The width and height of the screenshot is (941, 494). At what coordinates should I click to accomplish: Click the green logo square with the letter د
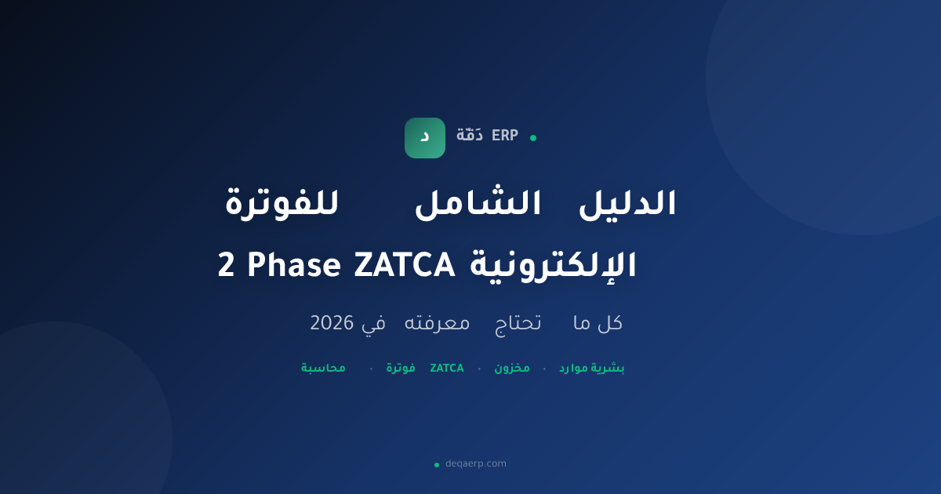click(x=425, y=138)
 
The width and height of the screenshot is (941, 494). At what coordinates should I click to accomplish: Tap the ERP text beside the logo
click(x=505, y=136)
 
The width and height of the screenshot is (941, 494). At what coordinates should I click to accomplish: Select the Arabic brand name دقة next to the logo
click(x=469, y=135)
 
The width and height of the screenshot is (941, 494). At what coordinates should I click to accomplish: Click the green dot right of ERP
click(x=533, y=138)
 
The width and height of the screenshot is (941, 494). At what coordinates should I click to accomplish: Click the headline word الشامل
click(x=478, y=202)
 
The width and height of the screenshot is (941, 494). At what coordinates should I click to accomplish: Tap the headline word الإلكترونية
click(x=553, y=266)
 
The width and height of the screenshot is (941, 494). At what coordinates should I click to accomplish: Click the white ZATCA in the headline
click(x=405, y=266)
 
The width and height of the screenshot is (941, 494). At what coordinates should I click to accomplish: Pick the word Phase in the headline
click(x=294, y=266)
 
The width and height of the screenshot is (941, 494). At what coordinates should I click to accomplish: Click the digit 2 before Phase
click(x=226, y=266)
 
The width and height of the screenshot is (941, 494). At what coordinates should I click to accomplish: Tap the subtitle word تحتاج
click(x=518, y=324)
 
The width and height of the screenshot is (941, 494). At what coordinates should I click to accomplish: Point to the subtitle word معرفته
click(x=437, y=323)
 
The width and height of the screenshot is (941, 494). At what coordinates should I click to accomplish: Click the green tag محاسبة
click(x=323, y=369)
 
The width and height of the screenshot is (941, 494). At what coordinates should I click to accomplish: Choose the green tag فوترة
click(x=401, y=368)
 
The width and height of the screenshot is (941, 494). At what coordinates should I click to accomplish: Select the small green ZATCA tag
click(x=446, y=369)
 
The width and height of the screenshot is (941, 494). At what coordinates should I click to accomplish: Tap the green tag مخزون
click(x=511, y=369)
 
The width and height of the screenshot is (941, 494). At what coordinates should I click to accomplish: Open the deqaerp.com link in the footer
click(x=475, y=463)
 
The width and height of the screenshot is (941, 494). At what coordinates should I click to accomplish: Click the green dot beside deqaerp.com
click(x=437, y=464)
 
